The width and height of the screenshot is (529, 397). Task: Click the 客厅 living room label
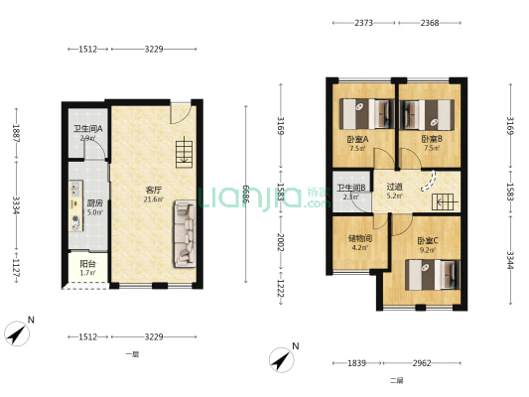[154, 189]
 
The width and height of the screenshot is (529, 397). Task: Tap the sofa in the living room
[185, 234]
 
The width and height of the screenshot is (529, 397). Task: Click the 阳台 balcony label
[87, 264]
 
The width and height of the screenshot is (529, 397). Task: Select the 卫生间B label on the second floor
[351, 188]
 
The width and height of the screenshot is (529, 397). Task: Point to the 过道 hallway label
[394, 187]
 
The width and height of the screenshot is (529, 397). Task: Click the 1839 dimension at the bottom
[354, 363]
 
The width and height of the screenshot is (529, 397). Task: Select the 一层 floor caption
[132, 354]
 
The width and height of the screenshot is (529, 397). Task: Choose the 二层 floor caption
[396, 380]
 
